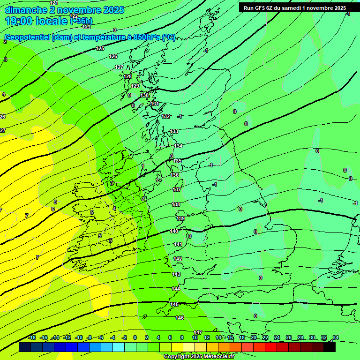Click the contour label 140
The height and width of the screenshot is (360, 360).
(x=174, y=231)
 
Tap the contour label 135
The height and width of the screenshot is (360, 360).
(x=177, y=161)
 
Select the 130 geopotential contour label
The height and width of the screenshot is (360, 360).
(x=144, y=95)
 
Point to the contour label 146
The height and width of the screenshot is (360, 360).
(x=180, y=318)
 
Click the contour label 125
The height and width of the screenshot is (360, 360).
(x=100, y=48)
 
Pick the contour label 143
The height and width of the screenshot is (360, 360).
(x=176, y=274)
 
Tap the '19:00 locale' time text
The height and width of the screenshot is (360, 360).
(x=36, y=21)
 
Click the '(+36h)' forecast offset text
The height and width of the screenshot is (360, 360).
(x=81, y=21)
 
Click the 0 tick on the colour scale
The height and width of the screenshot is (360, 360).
(x=135, y=337)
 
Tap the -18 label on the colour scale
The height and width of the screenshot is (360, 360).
(x=32, y=337)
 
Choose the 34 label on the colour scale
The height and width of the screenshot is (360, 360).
(x=336, y=337)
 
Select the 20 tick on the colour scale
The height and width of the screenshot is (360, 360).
(x=254, y=337)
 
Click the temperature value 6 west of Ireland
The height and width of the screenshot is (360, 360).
(x=53, y=209)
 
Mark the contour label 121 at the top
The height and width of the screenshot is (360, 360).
(x=54, y=3)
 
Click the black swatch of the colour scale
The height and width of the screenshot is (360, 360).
(x=330, y=347)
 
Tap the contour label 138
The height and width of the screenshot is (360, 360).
(x=176, y=204)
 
